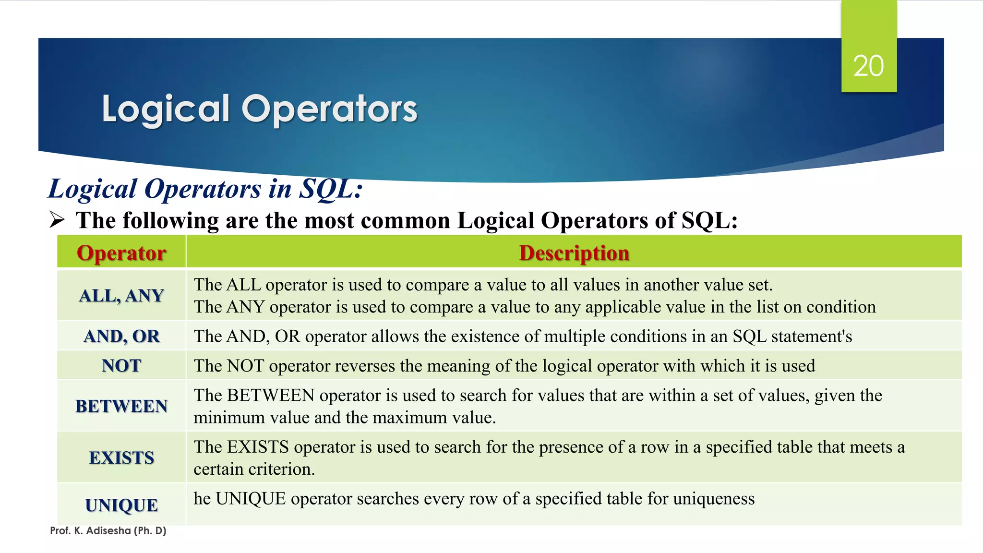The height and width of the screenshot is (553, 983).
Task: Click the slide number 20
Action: pyautogui.click(x=868, y=66)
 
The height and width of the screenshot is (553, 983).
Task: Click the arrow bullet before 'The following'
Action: pyautogui.click(x=57, y=220)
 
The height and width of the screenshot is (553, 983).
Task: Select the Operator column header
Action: pyautogui.click(x=121, y=252)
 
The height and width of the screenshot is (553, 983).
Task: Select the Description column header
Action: pyautogui.click(x=574, y=252)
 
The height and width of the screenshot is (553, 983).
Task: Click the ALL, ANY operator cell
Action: pyautogui.click(x=121, y=295)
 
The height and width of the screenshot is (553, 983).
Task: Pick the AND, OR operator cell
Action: pyautogui.click(x=121, y=336)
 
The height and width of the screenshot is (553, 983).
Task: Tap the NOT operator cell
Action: pyautogui.click(x=121, y=366)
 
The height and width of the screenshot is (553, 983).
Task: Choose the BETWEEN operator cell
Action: pyautogui.click(x=121, y=406)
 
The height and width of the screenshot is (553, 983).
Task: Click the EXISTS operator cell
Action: pyautogui.click(x=121, y=457)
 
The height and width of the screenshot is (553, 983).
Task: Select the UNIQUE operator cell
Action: pyautogui.click(x=121, y=505)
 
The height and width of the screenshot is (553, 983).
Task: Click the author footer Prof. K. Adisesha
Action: pyautogui.click(x=108, y=530)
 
